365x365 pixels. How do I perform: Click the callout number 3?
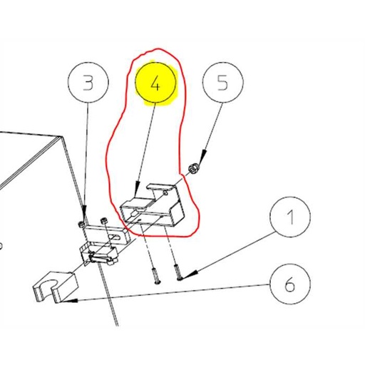[x=88, y=84]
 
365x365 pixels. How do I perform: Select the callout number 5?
[x=222, y=84]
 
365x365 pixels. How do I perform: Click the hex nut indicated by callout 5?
[x=192, y=170]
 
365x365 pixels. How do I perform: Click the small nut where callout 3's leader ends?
[x=83, y=224]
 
